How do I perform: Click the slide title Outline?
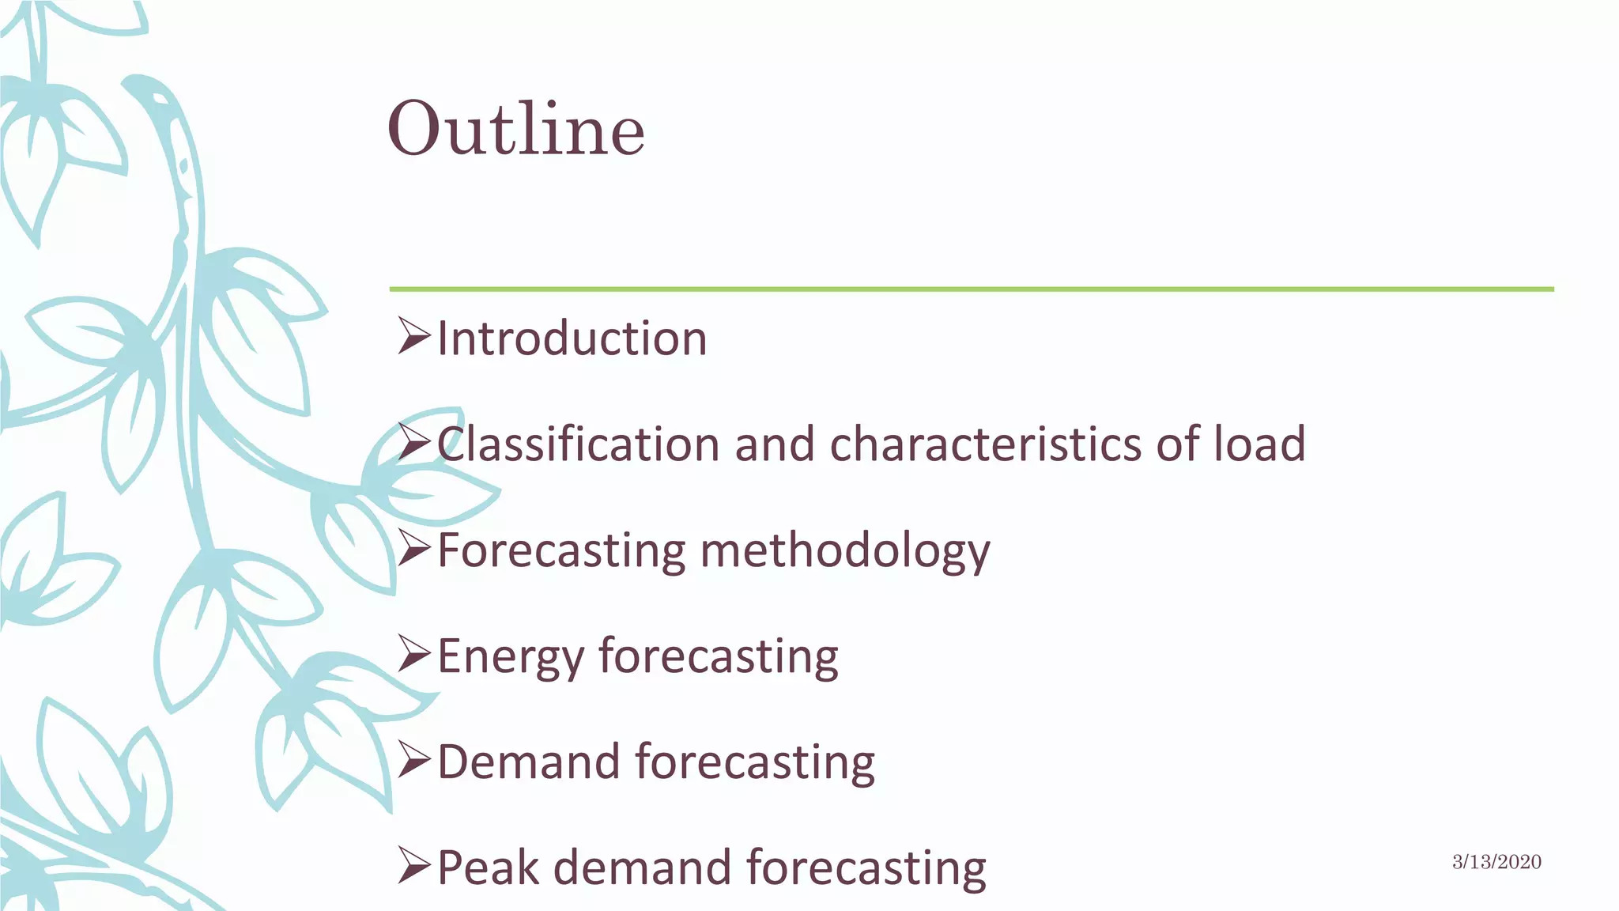pos(515,129)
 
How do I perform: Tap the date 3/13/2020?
pos(1496,862)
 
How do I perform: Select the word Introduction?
pos(572,338)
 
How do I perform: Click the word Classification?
pos(578,444)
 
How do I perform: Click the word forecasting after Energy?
pos(718,657)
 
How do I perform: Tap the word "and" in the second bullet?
pos(775,444)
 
